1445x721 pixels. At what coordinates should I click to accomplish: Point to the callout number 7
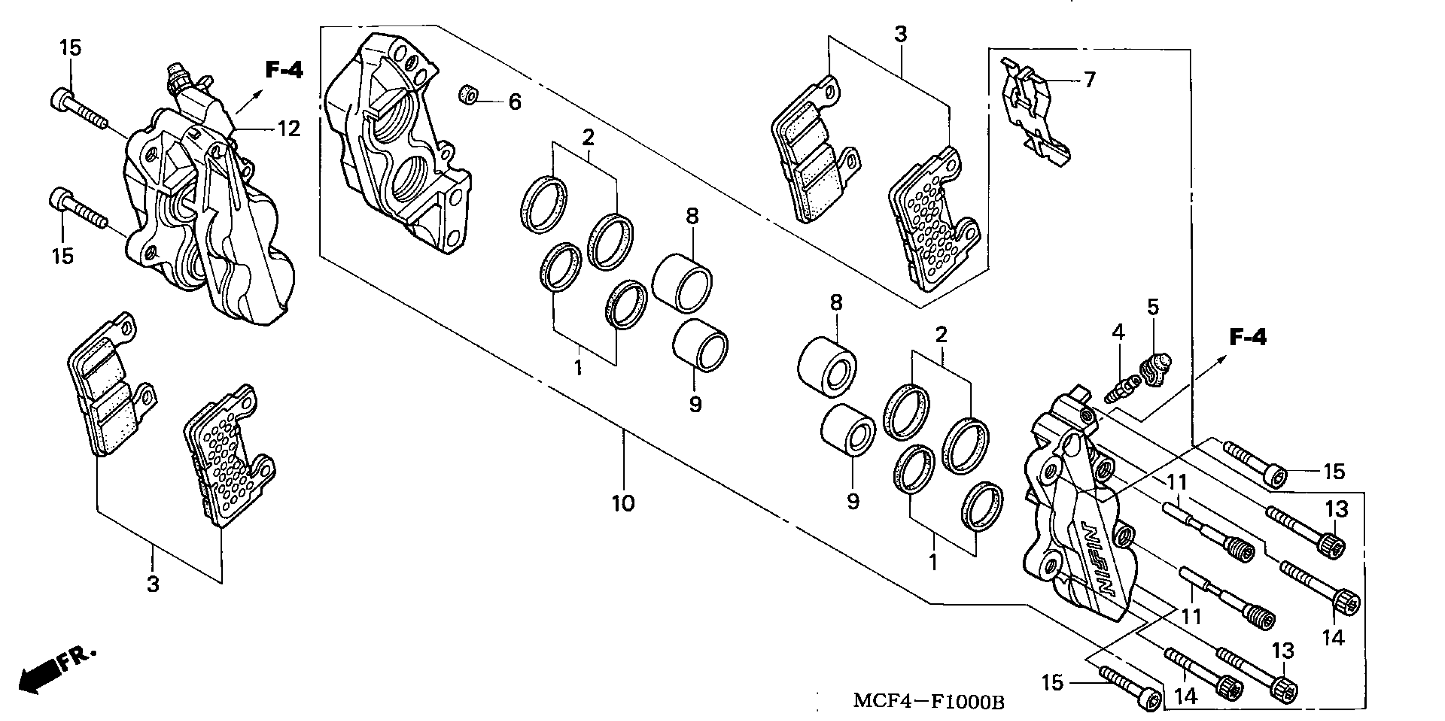pos(1089,80)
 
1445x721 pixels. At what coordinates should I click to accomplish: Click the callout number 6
pos(514,102)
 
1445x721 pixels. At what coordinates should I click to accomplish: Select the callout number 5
pos(1152,307)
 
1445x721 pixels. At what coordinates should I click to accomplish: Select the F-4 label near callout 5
pos(1247,337)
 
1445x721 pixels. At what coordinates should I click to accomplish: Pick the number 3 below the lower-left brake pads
pos(153,584)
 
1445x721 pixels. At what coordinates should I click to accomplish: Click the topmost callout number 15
pos(71,48)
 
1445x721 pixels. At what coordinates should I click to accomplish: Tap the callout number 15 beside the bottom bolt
pos(1052,682)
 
